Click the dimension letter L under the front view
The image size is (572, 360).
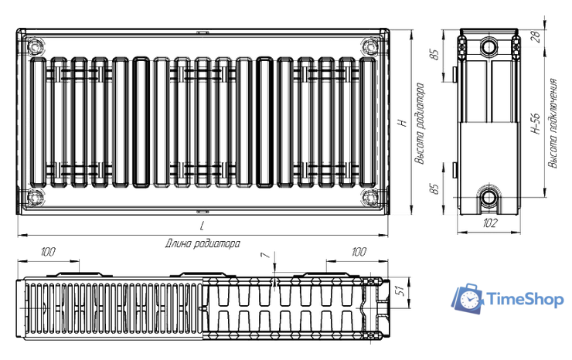coord(202,226)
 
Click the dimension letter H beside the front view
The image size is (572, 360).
coord(403,122)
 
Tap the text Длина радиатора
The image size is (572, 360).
coord(203,243)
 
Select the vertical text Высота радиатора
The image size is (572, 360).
coord(420,124)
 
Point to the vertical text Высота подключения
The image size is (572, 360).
coord(553,124)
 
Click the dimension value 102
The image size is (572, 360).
coord(489,222)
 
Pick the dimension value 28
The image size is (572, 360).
coord(536,36)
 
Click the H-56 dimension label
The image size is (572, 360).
coord(536,124)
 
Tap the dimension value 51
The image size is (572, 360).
coord(400,290)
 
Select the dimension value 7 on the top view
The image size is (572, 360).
coord(267,255)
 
